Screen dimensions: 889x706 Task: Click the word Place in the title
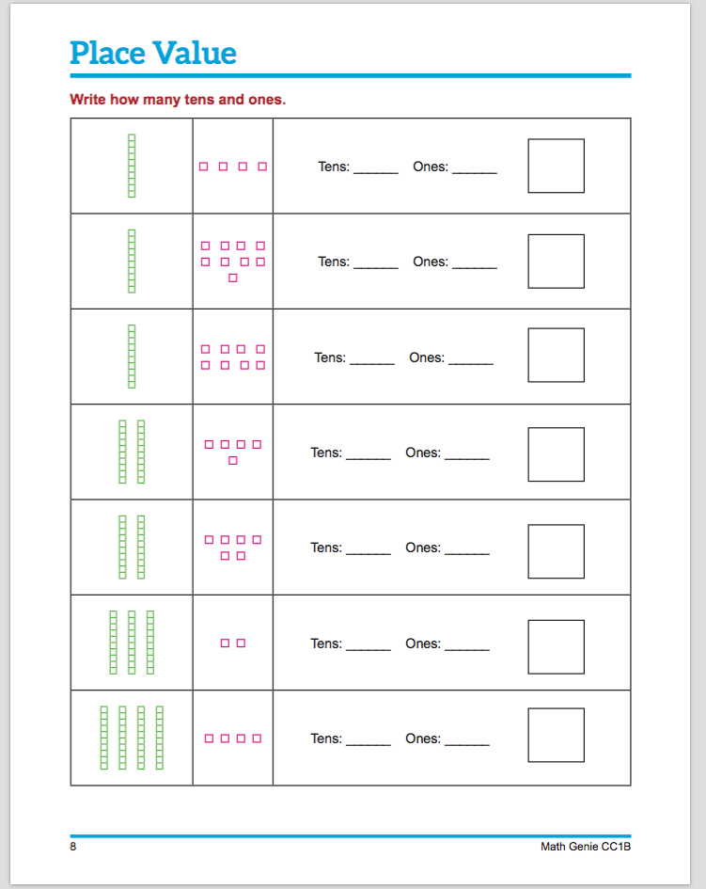[106, 54]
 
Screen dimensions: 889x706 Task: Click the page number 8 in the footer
[73, 847]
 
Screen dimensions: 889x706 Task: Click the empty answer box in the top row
[556, 167]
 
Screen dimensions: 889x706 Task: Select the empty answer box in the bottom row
[556, 736]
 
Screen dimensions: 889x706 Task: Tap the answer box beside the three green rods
[556, 647]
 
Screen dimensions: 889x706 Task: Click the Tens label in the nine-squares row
[334, 262]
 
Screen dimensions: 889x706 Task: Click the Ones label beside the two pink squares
[423, 643]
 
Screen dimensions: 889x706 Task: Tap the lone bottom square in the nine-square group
[233, 278]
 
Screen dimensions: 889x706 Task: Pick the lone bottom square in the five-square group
[233, 460]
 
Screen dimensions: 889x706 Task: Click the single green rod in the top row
[132, 166]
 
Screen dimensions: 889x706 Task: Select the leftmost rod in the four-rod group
[104, 737]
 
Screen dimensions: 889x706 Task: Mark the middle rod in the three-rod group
[132, 643]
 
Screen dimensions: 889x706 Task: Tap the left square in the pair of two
[226, 643]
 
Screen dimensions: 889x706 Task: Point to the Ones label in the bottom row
[423, 738]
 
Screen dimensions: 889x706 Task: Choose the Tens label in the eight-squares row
[330, 357]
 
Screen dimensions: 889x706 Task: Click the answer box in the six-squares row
[556, 551]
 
